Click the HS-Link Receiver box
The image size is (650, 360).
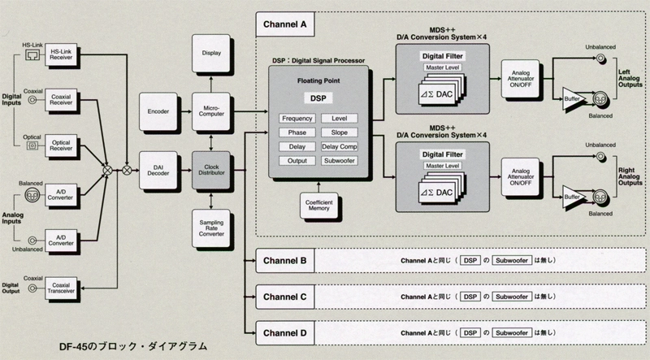click(x=58, y=54)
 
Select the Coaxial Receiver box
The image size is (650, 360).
click(x=58, y=99)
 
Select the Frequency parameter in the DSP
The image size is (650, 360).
click(x=297, y=119)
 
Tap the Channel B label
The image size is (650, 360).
click(x=284, y=261)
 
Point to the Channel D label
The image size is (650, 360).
click(x=284, y=332)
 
